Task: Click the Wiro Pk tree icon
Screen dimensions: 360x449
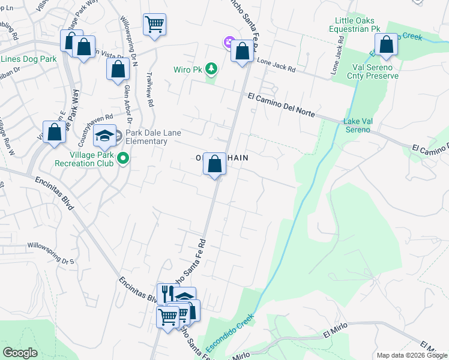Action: (211, 70)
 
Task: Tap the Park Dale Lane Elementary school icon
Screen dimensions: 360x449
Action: (104, 136)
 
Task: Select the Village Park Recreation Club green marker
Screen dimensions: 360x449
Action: (123, 158)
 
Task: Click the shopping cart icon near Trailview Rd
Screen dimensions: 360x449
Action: (154, 25)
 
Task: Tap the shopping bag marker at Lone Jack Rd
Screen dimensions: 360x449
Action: (242, 51)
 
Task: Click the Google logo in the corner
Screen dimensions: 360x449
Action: (20, 352)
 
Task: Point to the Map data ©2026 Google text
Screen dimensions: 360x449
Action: (411, 355)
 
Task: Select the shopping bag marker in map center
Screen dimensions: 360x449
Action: (214, 164)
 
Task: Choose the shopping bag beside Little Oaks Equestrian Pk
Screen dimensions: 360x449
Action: (385, 44)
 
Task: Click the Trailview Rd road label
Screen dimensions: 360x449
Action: (149, 90)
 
